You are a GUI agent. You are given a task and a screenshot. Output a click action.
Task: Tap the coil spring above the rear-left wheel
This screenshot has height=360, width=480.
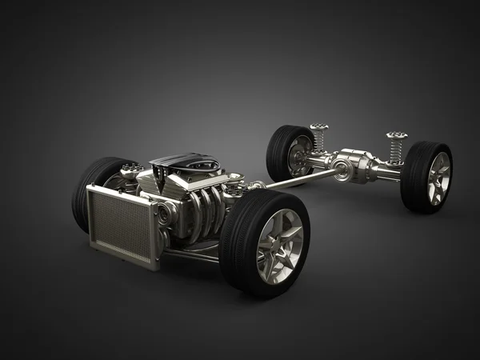click(319, 141)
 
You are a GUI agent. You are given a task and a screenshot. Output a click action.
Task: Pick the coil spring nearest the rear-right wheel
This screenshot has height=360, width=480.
click(394, 149)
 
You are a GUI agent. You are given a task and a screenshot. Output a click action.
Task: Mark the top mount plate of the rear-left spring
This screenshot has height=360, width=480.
click(319, 127)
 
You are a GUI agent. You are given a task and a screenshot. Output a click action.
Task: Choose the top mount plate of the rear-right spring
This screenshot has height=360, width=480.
click(396, 135)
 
